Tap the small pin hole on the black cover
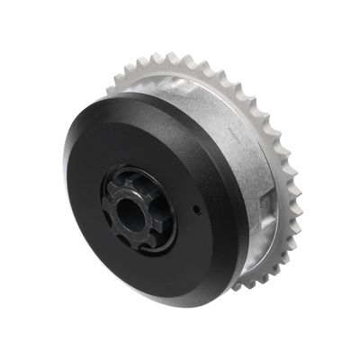tap(195, 209)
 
